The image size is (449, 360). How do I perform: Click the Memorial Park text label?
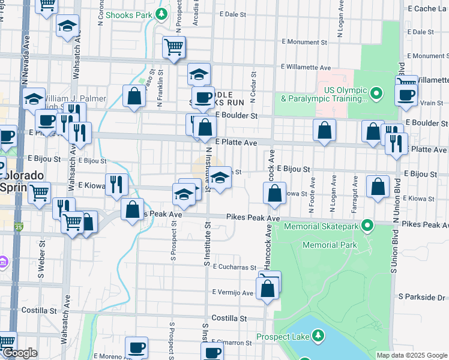[330, 245]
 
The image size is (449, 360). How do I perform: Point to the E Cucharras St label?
[234, 266]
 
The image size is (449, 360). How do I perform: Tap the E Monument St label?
[306, 43]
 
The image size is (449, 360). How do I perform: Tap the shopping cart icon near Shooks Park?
[173, 47]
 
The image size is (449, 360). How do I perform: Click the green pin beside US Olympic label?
[376, 93]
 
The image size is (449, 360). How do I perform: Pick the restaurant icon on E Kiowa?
[116, 184]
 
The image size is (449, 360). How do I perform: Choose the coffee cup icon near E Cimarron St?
[137, 347]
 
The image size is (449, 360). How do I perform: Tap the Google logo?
[19, 353]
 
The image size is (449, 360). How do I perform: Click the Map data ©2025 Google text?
[412, 355]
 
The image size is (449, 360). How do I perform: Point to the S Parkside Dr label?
[423, 298]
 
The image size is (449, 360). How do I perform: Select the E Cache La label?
[427, 9]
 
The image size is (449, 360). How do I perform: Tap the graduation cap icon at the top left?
[67, 26]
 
